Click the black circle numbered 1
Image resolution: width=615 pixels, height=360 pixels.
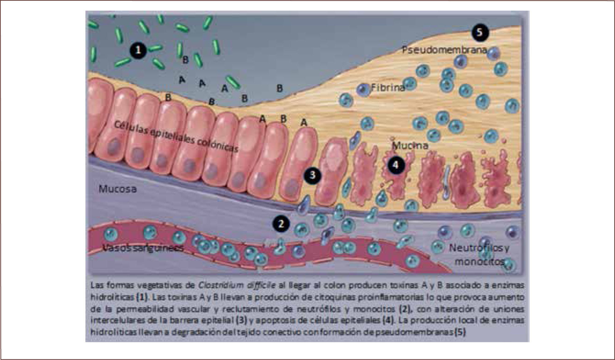pyautogui.click(x=138, y=50)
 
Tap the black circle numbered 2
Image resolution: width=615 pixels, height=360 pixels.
pyautogui.click(x=281, y=224)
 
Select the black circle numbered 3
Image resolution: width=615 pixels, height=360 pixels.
pyautogui.click(x=312, y=175)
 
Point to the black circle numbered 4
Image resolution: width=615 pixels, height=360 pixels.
pyautogui.click(x=396, y=165)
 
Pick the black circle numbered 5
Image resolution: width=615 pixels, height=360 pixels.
pyautogui.click(x=480, y=32)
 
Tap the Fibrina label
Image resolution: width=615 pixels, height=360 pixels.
pyautogui.click(x=388, y=88)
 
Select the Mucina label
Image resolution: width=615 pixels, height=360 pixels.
pyautogui.click(x=410, y=145)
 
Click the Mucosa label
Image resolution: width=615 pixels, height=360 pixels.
pyautogui.click(x=118, y=189)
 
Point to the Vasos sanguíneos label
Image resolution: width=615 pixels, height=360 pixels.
pyautogui.click(x=143, y=248)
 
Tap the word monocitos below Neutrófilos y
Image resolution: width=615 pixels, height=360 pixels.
pyautogui.click(x=479, y=262)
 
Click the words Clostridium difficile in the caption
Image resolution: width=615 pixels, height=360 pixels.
pyautogui.click(x=236, y=285)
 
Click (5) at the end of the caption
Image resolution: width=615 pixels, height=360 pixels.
pyautogui.click(x=460, y=332)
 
